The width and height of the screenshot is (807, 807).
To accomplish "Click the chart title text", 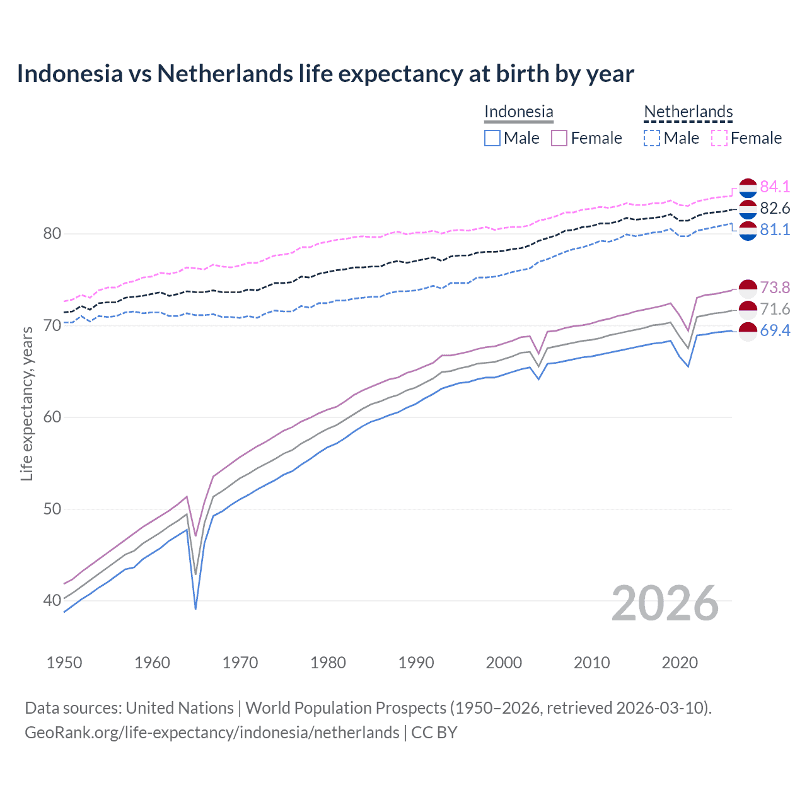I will tap(325, 74).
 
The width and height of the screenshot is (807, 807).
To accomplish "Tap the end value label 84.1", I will tap(775, 187).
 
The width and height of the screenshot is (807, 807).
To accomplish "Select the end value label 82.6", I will tap(775, 208).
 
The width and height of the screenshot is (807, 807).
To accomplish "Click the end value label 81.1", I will tap(775, 229).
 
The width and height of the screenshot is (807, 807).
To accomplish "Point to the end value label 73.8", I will tap(775, 287).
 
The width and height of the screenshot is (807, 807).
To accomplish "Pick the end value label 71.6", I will tap(775, 309).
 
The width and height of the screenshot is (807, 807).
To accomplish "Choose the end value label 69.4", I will tap(775, 330).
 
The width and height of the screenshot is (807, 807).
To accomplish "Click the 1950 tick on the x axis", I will tap(64, 663).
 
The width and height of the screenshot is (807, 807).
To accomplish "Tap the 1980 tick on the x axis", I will tap(328, 663).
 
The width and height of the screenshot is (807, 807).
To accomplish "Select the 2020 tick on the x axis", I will tap(680, 663).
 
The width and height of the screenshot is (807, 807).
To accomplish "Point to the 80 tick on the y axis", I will tap(52, 234).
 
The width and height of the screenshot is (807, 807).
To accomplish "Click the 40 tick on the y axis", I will tap(52, 600).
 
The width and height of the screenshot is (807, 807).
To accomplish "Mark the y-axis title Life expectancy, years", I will tap(26, 403).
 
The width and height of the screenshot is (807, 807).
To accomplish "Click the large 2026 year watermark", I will tap(665, 603).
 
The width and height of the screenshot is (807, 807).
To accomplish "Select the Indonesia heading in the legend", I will tap(518, 112).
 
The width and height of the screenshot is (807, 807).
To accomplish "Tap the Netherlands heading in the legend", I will tap(688, 112).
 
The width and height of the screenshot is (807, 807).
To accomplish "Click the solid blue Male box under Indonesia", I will tap(492, 138).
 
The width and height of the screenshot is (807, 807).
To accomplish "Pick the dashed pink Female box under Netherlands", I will tap(719, 138).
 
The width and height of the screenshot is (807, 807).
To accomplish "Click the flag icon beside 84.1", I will tap(748, 187).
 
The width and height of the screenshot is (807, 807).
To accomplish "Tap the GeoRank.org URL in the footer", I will tap(212, 733).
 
